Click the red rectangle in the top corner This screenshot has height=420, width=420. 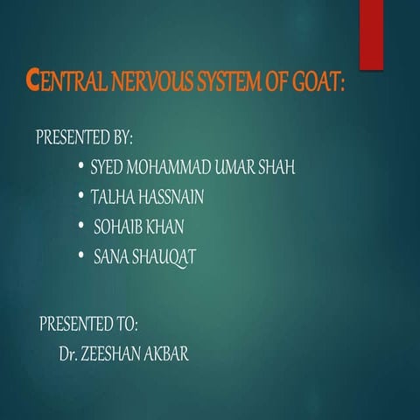click(x=371, y=24)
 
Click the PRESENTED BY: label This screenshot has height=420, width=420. click(x=84, y=138)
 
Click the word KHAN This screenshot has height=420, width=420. click(x=165, y=227)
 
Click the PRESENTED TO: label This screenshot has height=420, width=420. click(x=88, y=324)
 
